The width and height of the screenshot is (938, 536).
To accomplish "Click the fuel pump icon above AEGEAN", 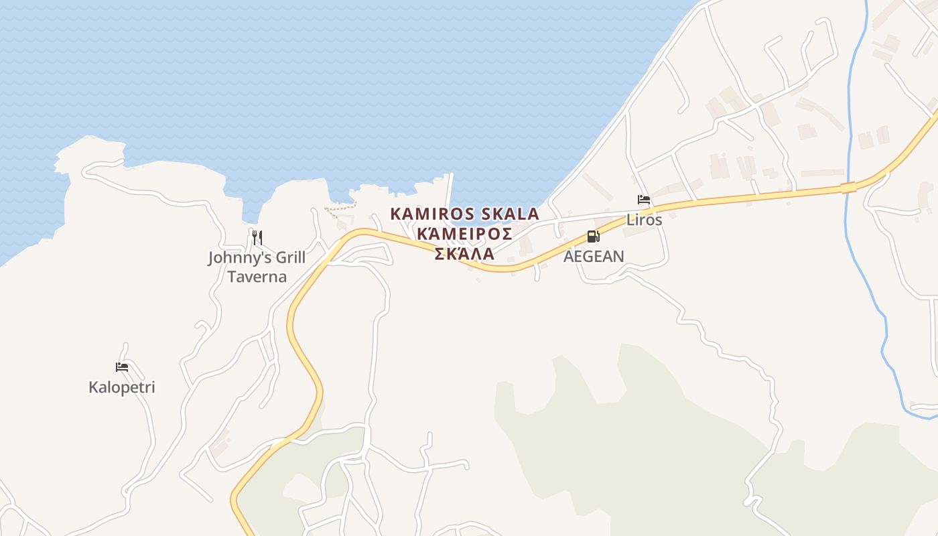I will [x=593, y=237].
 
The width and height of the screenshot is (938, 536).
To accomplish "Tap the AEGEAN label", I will [x=594, y=256].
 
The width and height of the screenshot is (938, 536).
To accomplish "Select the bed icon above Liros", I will [x=644, y=200].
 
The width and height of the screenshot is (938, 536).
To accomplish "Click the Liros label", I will [x=644, y=219].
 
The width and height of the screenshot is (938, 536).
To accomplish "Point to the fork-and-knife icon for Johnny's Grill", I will [x=257, y=237].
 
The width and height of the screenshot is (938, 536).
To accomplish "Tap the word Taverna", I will [x=257, y=276].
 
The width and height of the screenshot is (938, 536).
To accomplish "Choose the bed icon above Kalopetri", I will [x=122, y=367].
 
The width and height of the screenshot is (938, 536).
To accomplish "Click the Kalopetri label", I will [x=122, y=387].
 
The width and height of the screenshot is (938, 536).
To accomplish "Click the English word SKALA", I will [x=510, y=214].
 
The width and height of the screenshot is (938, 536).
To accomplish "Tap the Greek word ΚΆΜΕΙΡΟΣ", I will [x=464, y=233].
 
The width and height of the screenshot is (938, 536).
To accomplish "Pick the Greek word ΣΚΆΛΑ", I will [x=464, y=253].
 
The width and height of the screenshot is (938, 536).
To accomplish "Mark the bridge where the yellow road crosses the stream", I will [x=848, y=188].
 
